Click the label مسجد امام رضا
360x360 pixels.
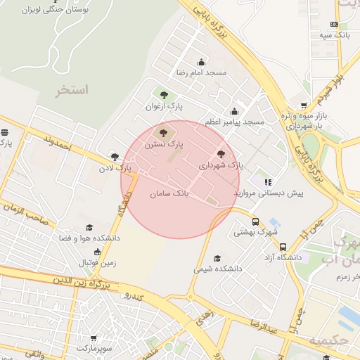pyautogui.click(x=202, y=73)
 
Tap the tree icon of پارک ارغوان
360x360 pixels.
pyautogui.click(x=164, y=95)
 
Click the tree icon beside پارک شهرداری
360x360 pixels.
pyautogui.click(x=221, y=154)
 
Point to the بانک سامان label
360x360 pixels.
pyautogui.click(x=170, y=191)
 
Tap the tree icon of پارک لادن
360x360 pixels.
pyautogui.click(x=115, y=157)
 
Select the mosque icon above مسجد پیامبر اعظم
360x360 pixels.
pyautogui.click(x=234, y=111)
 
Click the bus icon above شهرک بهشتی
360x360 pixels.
pyautogui.click(x=255, y=221)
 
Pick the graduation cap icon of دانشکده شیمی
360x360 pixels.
pyautogui.click(x=217, y=258)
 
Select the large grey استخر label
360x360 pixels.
pyautogui.click(x=73, y=91)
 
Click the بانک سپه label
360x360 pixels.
pyautogui.click(x=333, y=34)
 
